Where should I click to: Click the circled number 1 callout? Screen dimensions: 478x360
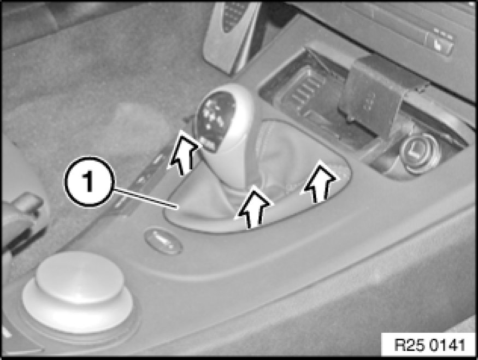point(90,182)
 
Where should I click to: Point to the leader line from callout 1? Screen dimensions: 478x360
point(146,199)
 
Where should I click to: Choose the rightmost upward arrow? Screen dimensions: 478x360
point(320,181)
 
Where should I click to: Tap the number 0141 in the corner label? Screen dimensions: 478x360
point(448,345)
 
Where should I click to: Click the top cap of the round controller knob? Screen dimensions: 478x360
point(80,277)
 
